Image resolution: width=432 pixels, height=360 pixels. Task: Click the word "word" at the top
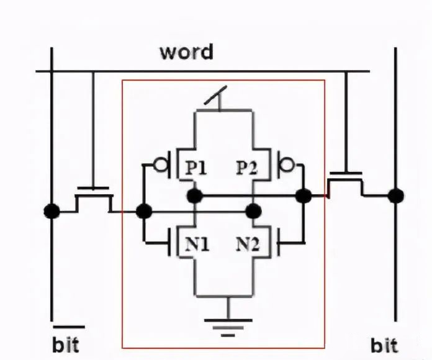coord(186,51)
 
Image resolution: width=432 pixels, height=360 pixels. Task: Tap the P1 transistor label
coord(196,168)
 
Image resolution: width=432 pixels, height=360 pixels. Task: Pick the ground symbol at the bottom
coord(228,325)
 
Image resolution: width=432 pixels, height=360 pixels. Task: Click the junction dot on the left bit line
coord(52,211)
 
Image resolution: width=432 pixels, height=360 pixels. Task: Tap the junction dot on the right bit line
coord(395,196)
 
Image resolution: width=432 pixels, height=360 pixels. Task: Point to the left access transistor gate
coord(94,187)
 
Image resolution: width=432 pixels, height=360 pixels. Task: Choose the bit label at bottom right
coord(384,345)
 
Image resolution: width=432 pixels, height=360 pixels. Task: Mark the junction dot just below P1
coord(195,197)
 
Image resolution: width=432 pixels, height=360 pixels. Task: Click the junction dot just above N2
coord(252,211)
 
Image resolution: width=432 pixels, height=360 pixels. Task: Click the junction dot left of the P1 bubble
coord(144,211)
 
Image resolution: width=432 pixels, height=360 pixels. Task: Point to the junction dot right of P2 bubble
coord(304,196)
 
